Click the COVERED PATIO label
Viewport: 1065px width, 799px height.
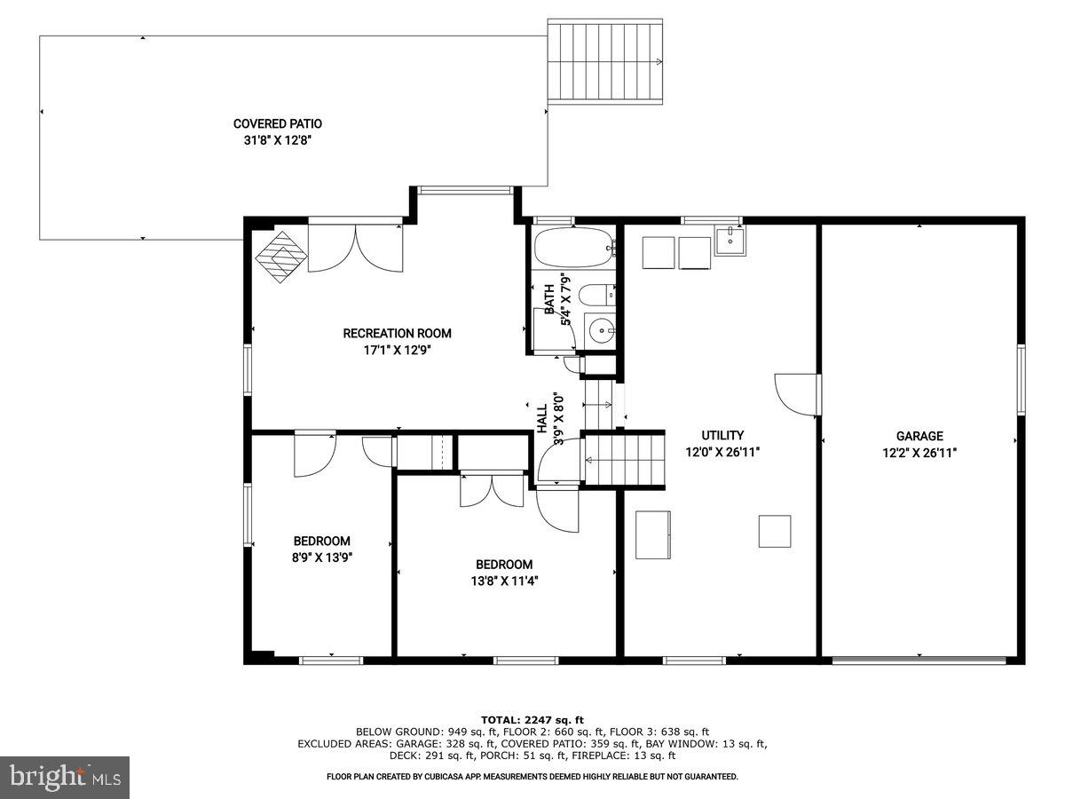click(x=277, y=124)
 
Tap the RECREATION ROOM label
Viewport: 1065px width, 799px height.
click(x=397, y=334)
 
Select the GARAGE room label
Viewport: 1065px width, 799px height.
click(x=919, y=436)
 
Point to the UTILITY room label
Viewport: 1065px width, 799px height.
click(x=722, y=436)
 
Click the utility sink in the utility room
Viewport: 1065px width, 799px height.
click(x=730, y=240)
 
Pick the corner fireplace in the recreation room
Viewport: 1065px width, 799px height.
click(x=280, y=257)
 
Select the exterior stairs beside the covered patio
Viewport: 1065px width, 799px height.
click(x=606, y=61)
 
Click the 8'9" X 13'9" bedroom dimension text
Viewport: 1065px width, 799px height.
click(x=321, y=558)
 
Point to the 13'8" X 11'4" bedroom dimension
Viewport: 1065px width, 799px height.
click(x=504, y=581)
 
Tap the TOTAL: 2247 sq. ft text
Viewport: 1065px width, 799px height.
click(x=532, y=720)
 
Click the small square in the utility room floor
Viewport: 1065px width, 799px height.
click(x=774, y=531)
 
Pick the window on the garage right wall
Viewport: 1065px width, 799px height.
click(x=1021, y=379)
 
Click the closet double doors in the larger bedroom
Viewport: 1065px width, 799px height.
click(x=491, y=490)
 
